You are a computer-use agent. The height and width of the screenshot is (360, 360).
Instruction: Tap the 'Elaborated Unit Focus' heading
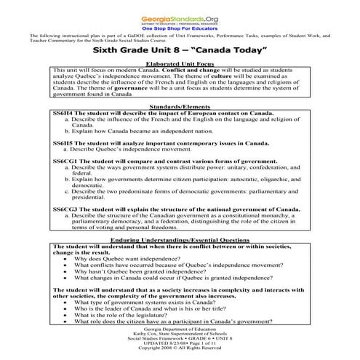179,64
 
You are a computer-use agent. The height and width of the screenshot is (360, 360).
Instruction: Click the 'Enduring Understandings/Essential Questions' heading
179,239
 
